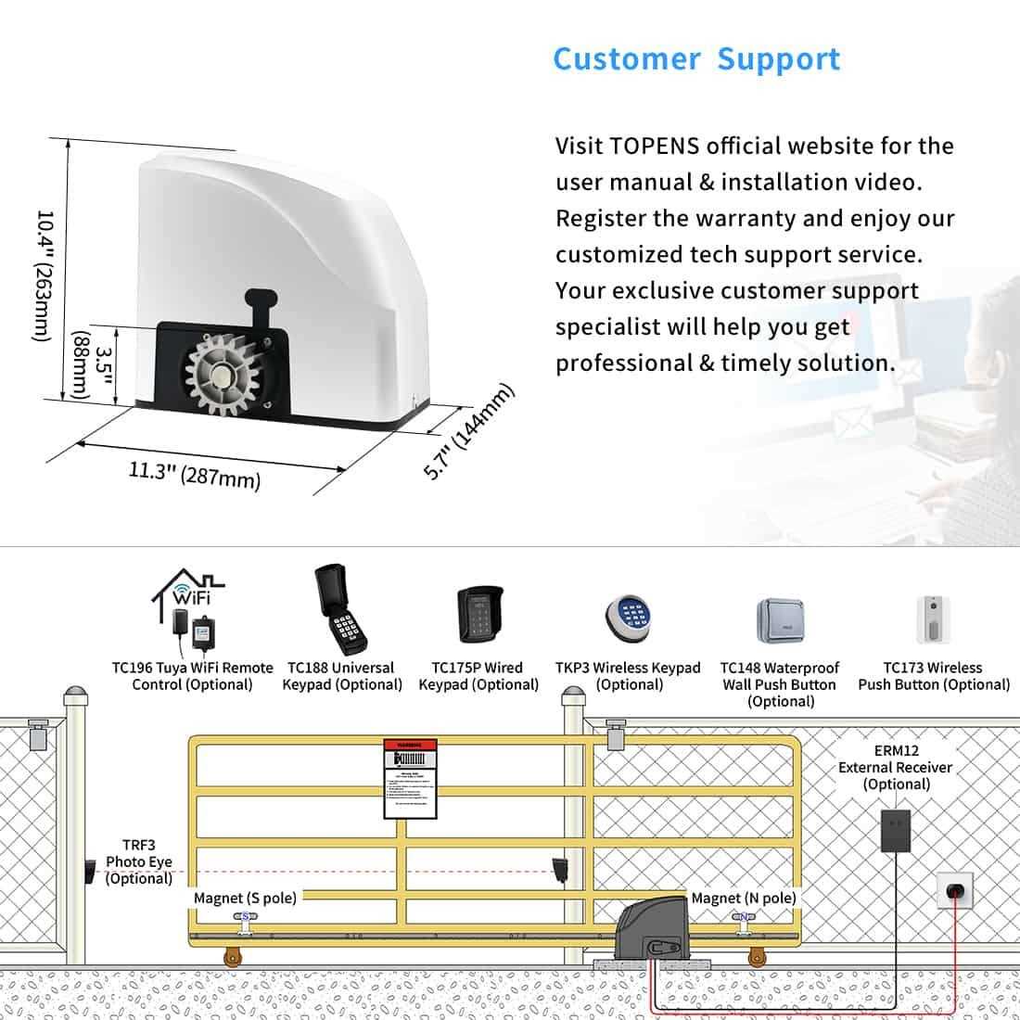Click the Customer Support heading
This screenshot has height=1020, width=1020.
(696, 58)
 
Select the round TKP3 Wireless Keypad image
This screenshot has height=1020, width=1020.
(631, 617)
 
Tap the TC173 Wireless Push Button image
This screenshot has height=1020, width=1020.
(934, 619)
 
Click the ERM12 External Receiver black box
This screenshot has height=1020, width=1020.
(895, 828)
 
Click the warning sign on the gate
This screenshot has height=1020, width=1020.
(410, 779)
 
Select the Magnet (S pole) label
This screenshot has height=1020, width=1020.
(245, 898)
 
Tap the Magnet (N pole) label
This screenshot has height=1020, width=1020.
(744, 898)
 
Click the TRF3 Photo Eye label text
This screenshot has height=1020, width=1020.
(138, 861)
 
